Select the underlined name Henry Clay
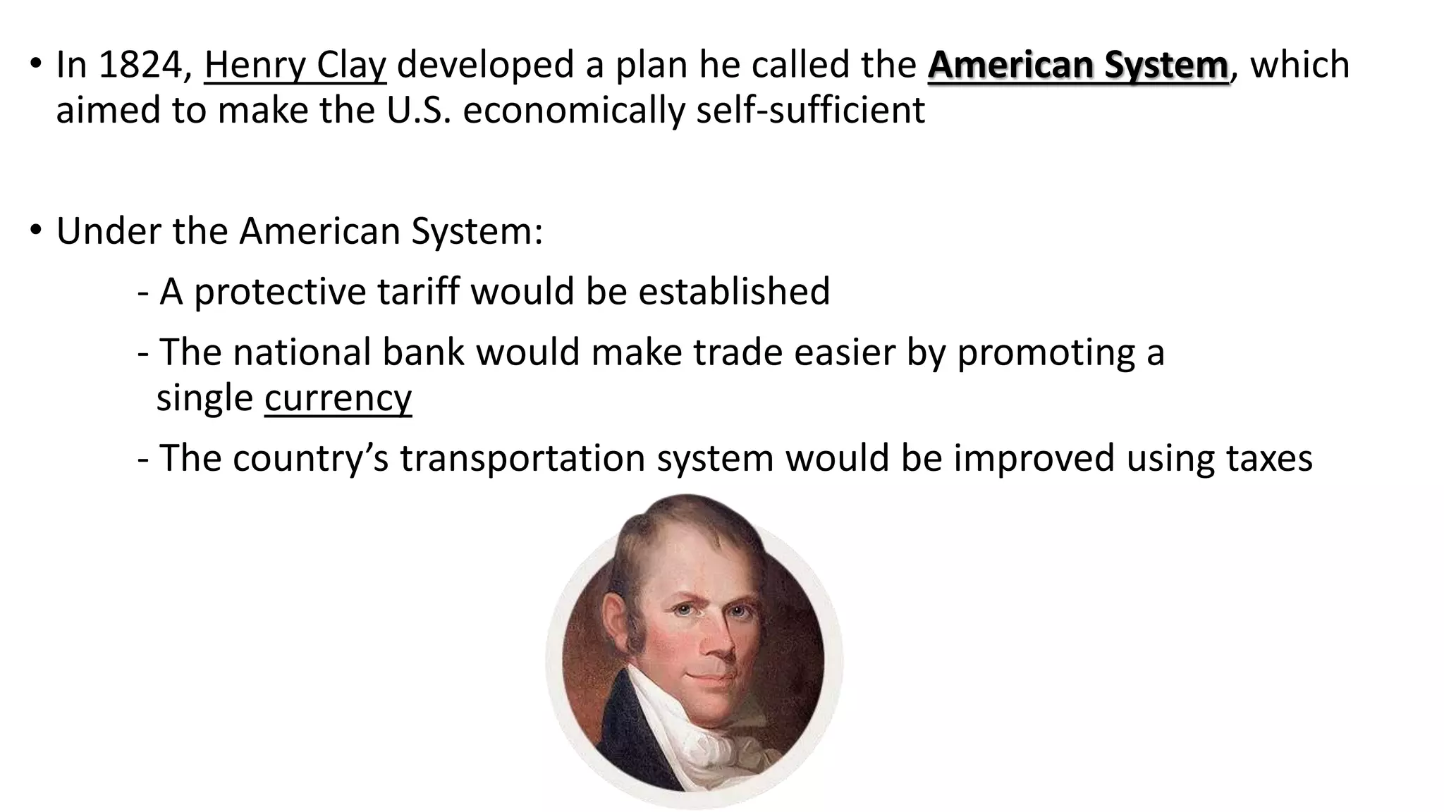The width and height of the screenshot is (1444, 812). point(295,66)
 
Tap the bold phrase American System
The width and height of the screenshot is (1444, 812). point(1078,66)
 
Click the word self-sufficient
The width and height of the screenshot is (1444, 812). point(810,111)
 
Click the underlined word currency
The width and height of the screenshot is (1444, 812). point(338,398)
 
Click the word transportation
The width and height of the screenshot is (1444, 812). point(522,459)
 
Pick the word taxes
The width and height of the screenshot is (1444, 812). point(1269,458)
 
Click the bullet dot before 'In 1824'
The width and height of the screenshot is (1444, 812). point(36,65)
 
